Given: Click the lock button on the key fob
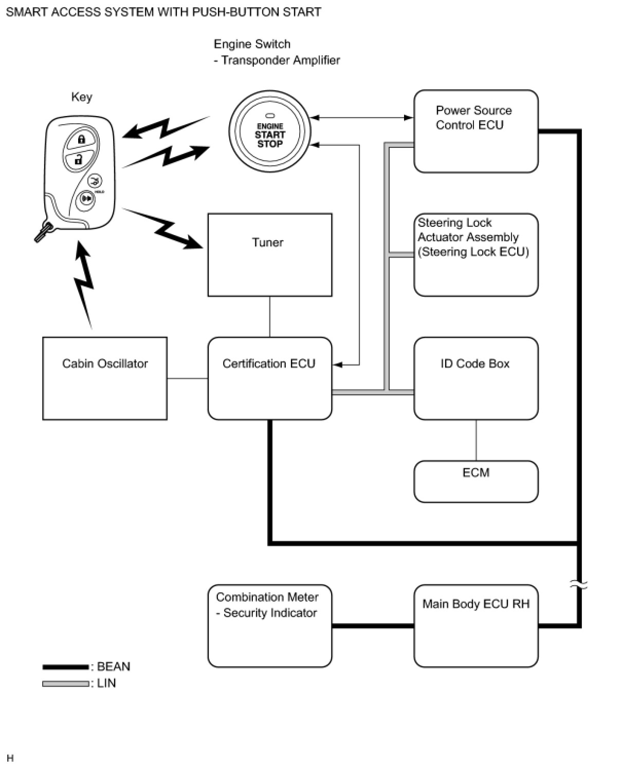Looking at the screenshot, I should point(81,139).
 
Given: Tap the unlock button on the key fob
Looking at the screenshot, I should point(78,160).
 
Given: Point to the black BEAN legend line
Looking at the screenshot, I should point(65,667).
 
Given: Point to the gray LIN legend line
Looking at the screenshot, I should point(65,683).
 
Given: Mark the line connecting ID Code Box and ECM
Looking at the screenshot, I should point(476,440).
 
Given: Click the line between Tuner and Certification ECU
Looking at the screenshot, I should point(270,317).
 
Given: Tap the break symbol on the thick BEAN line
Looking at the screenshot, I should point(579,584).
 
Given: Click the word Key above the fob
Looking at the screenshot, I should point(82,97).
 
